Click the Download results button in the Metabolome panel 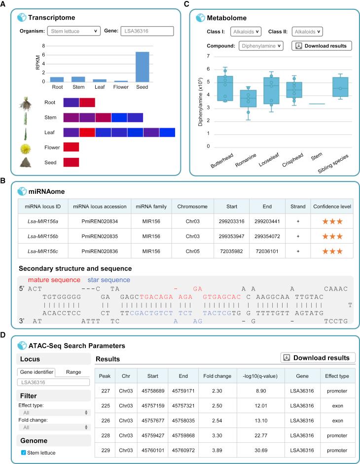point(322,46)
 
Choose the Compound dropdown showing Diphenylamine point(261,46)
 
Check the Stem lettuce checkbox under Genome point(23,453)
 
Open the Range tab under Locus point(73,372)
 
